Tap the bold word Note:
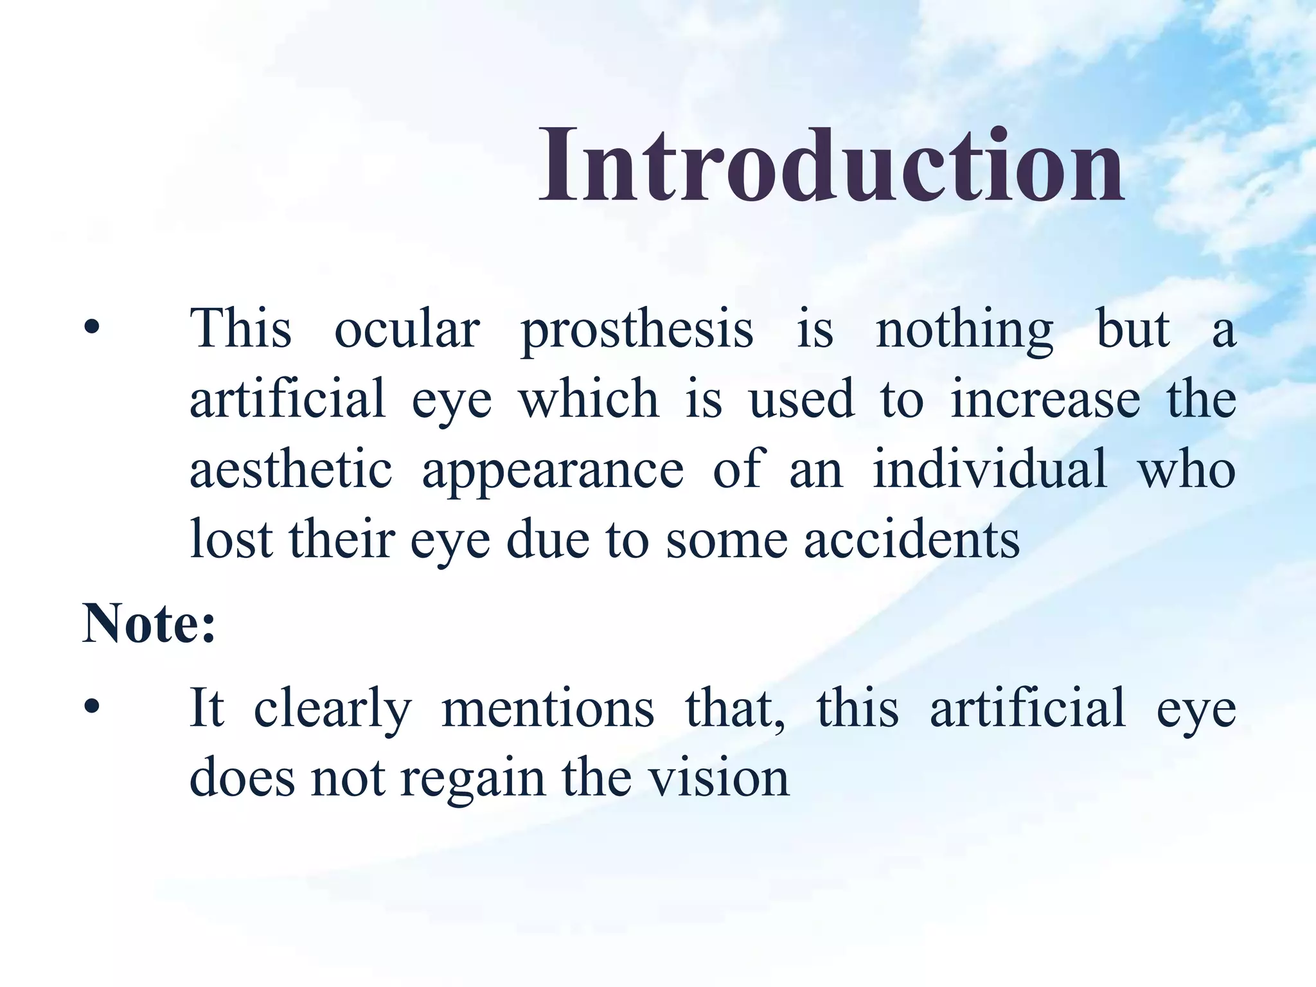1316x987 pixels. click(x=148, y=623)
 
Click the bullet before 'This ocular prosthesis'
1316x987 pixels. click(x=92, y=328)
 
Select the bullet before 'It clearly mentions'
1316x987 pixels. click(x=92, y=707)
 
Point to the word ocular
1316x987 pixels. click(x=407, y=329)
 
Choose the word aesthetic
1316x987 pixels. click(x=290, y=469)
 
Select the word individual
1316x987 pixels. click(x=990, y=469)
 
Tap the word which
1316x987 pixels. click(x=589, y=398)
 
